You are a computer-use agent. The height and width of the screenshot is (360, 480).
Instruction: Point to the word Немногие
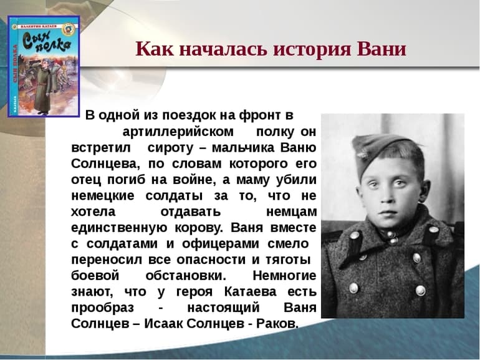[x=284, y=276]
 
